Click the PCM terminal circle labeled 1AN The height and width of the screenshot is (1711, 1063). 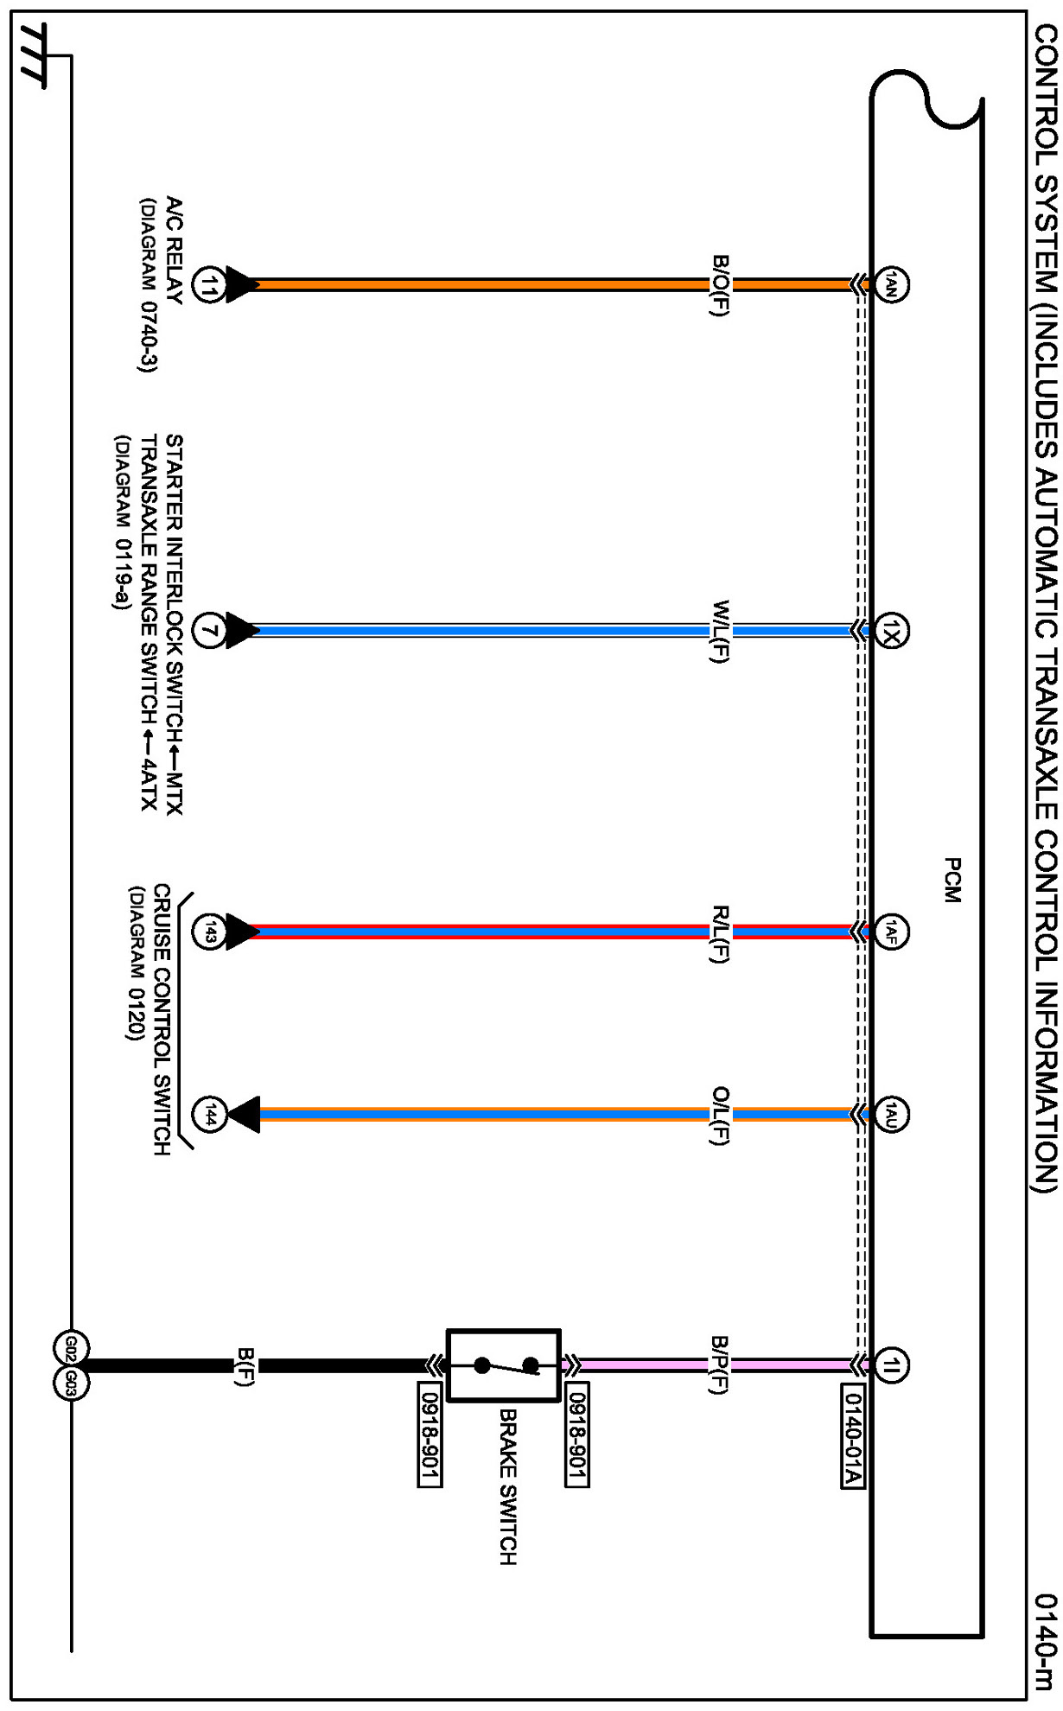pos(892,284)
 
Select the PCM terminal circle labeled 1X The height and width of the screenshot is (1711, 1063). pos(892,631)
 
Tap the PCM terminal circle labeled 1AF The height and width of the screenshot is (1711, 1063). pos(892,932)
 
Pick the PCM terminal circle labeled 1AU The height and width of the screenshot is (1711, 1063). pos(892,1115)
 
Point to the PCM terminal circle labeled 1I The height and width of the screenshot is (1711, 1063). pos(892,1366)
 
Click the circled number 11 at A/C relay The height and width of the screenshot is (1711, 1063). pos(208,284)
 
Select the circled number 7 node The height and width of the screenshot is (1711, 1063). pos(208,631)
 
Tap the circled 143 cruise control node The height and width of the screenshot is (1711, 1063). pos(208,932)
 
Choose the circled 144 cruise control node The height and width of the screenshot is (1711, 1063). pos(208,1115)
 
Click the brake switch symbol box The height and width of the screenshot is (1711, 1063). pos(504,1365)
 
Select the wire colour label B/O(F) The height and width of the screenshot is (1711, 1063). pos(720,285)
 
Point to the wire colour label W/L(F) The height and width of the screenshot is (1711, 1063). pos(720,632)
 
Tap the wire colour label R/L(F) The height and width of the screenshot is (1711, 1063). pos(720,933)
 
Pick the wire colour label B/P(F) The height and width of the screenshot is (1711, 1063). pos(720,1365)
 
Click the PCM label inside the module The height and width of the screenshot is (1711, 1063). pos(952,881)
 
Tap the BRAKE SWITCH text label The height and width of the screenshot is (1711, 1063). pos(508,1486)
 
